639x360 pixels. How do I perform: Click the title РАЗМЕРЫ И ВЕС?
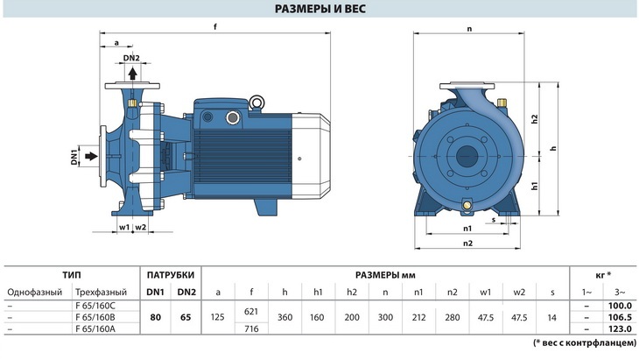pyautogui.click(x=319, y=9)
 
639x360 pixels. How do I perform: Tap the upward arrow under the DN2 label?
pyautogui.click(x=132, y=74)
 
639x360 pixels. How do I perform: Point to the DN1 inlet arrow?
pyautogui.click(x=92, y=156)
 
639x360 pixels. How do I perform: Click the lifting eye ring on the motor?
pyautogui.click(x=256, y=102)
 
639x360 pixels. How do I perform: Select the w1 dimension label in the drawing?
pyautogui.click(x=124, y=227)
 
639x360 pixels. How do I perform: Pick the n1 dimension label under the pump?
pyautogui.click(x=467, y=229)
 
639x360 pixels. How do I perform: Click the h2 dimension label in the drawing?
pyautogui.click(x=535, y=119)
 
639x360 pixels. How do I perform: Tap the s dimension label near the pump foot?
pyautogui.click(x=494, y=220)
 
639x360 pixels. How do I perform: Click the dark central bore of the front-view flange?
pyautogui.click(x=467, y=156)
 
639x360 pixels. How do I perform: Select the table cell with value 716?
pyautogui.click(x=251, y=328)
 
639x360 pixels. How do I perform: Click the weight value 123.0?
pyautogui.click(x=620, y=328)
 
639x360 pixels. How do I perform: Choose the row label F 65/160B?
pyautogui.click(x=95, y=317)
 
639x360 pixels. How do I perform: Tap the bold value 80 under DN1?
pyautogui.click(x=155, y=317)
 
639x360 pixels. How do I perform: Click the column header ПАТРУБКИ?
pyautogui.click(x=171, y=275)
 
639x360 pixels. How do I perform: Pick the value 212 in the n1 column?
pyautogui.click(x=418, y=317)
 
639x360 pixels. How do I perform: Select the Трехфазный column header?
pyautogui.click(x=101, y=293)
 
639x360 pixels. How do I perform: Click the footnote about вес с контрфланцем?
pyautogui.click(x=585, y=342)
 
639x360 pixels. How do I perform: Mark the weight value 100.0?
pyautogui.click(x=620, y=306)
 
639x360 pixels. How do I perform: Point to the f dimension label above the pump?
pyautogui.click(x=215, y=27)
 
